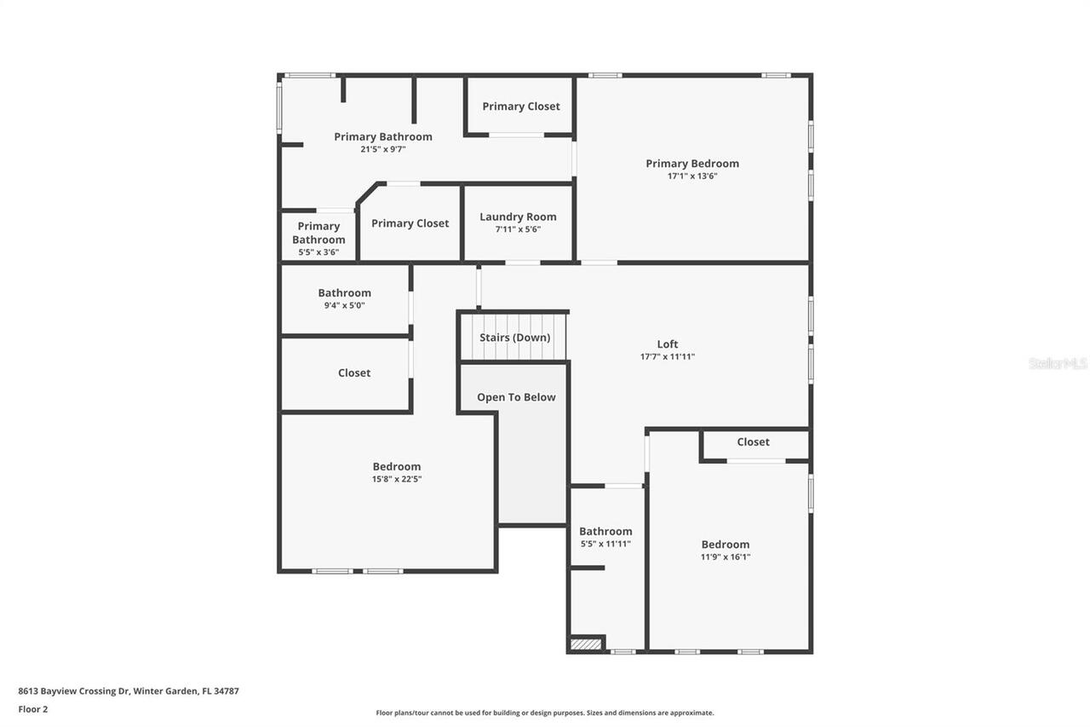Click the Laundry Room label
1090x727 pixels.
518,216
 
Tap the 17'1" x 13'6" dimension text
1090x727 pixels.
692,176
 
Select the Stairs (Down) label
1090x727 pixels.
514,338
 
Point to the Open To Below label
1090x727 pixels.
516,397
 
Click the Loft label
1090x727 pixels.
668,344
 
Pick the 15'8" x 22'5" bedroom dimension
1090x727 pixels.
396,479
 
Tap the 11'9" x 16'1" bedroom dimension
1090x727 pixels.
726,557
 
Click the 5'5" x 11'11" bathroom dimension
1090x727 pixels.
605,544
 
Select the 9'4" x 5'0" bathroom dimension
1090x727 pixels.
344,305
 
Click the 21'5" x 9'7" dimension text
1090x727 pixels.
382,149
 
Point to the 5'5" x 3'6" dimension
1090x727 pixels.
318,252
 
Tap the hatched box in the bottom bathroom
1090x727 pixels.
586,644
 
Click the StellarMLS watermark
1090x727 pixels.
1058,364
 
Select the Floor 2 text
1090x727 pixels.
33,708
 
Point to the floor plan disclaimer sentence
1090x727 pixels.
545,713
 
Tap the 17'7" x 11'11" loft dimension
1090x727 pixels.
668,357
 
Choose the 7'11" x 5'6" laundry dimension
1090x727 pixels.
518,229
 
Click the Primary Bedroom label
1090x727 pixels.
692,164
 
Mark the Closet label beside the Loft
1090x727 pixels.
753,441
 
